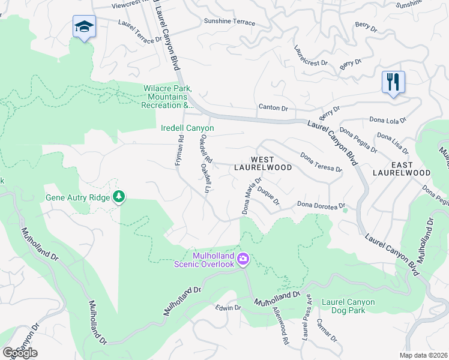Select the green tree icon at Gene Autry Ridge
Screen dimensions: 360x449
[x=119, y=196]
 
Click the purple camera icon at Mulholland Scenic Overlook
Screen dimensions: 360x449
[x=243, y=259]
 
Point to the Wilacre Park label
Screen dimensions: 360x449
[x=166, y=97]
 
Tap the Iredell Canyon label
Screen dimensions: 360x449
[x=187, y=128]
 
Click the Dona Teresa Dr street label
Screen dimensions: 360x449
[x=321, y=162]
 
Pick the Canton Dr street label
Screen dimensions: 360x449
[x=273, y=108]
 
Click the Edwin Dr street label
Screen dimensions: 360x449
[x=228, y=307]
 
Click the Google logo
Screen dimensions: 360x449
[x=19, y=352]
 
